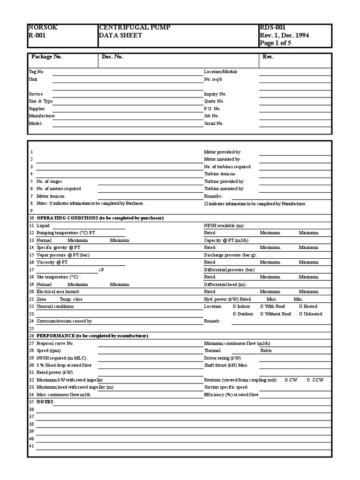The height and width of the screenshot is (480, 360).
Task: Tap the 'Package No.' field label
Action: (46, 57)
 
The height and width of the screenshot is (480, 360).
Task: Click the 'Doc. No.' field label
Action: (112, 57)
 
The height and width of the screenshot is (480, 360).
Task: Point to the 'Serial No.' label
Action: (214, 124)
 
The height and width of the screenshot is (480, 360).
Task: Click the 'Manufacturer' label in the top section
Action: (42, 116)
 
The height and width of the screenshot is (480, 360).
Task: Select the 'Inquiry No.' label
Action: (215, 94)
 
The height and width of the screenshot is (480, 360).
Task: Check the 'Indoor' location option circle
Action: (235, 307)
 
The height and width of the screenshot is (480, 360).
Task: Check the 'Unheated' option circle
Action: (301, 314)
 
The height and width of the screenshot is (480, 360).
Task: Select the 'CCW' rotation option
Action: (309, 380)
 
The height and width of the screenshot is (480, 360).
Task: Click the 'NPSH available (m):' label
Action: (224, 225)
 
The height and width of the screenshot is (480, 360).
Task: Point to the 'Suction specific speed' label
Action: (225, 387)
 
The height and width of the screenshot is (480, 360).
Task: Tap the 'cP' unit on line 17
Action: (101, 270)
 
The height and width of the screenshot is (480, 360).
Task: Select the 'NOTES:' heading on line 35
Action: (45, 402)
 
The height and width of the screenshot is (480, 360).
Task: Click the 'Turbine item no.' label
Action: (220, 174)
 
